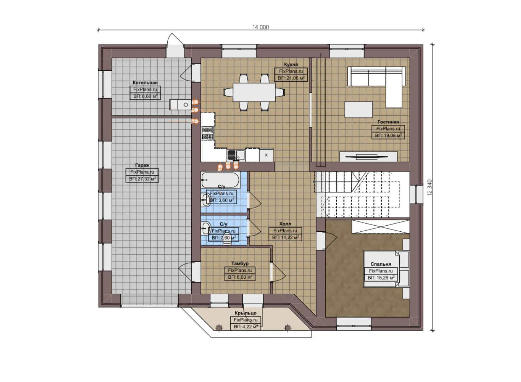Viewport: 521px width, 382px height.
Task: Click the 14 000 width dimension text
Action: coord(261,27)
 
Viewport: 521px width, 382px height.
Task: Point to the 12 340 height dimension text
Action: coord(430,187)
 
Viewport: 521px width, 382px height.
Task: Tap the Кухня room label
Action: coord(291,64)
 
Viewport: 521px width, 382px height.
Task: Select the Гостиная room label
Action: coord(388,122)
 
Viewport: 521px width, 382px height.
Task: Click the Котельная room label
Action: coord(145,82)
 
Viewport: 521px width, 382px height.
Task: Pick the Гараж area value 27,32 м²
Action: coord(142,179)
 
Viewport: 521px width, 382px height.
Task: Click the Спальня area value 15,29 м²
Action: coord(381,278)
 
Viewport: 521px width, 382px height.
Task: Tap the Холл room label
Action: coord(285,224)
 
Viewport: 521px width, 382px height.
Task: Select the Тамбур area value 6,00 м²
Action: coord(240,277)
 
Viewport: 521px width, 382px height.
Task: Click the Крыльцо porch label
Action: coord(245,313)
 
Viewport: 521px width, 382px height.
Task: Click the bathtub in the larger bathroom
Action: coord(220,180)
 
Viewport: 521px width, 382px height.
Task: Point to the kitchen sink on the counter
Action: coord(231,155)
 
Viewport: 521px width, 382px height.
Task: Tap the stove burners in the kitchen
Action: coord(208,133)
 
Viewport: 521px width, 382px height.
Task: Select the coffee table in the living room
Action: coord(359,110)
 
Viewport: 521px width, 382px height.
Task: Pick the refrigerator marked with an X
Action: coord(266,155)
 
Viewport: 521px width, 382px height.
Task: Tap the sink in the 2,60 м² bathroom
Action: coord(206,228)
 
